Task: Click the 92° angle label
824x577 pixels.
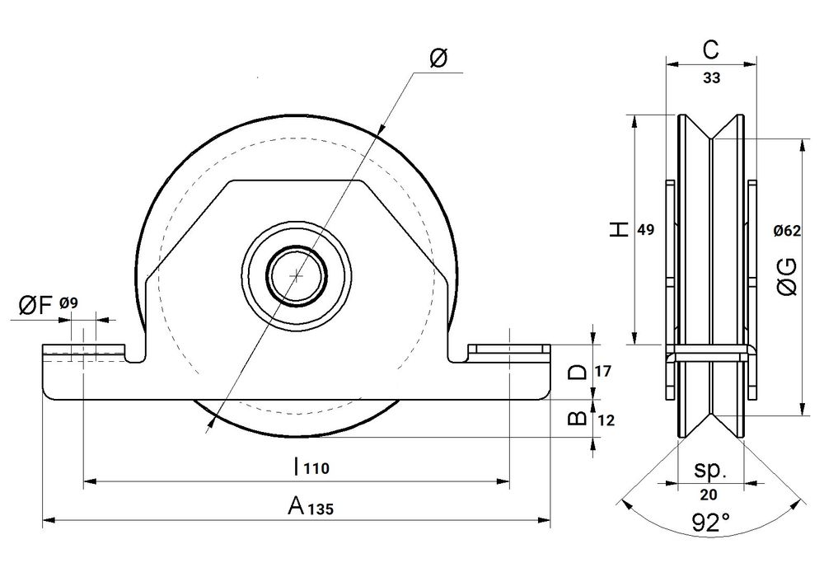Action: pos(710,523)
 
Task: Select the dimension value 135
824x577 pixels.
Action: pos(320,509)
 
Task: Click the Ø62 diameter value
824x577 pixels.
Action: pos(787,230)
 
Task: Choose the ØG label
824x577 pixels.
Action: pos(787,276)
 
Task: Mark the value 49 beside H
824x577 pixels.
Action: pos(645,230)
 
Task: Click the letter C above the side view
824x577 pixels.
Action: pos(710,50)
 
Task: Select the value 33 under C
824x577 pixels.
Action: pos(712,77)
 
